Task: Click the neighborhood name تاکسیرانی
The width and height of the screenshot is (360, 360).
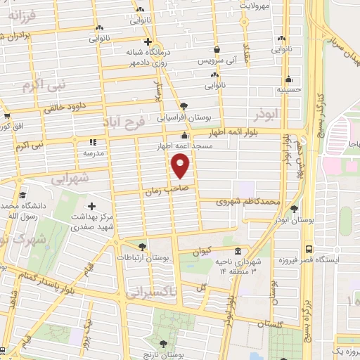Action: pyautogui.click(x=150, y=292)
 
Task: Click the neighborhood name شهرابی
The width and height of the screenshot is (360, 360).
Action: pyautogui.click(x=70, y=179)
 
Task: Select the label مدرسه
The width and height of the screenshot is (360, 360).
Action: pyautogui.click(x=94, y=153)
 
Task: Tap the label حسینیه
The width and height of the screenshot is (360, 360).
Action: pyautogui.click(x=288, y=90)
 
